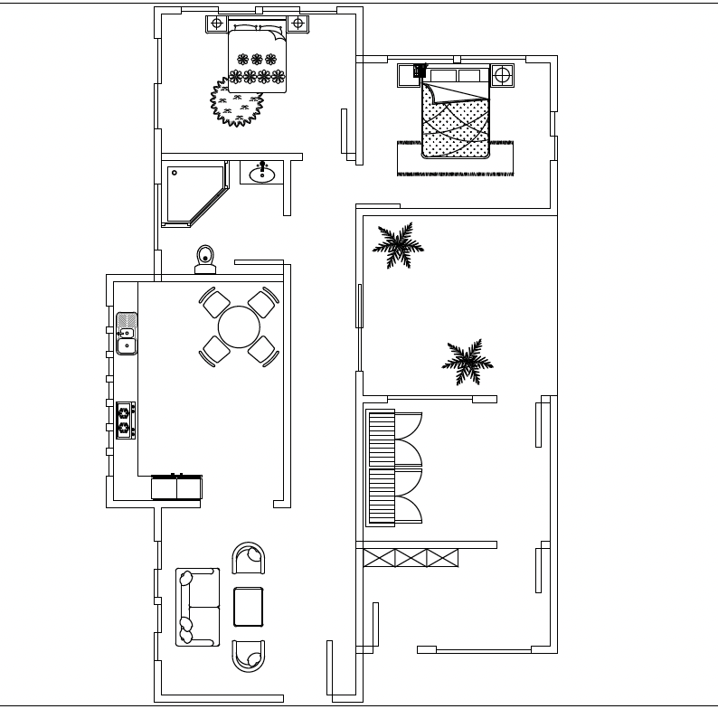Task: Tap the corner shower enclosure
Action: coord(191,193)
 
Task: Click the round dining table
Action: coord(240,327)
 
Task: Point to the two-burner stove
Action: coord(126,420)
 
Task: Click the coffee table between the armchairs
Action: coord(248,607)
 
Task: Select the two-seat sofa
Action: coord(196,607)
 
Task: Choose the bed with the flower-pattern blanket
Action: coord(258,59)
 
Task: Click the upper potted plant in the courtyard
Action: coord(397,244)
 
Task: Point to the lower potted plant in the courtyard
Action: coord(467,362)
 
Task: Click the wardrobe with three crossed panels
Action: coord(409,558)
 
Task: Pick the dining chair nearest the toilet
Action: coord(216,302)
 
